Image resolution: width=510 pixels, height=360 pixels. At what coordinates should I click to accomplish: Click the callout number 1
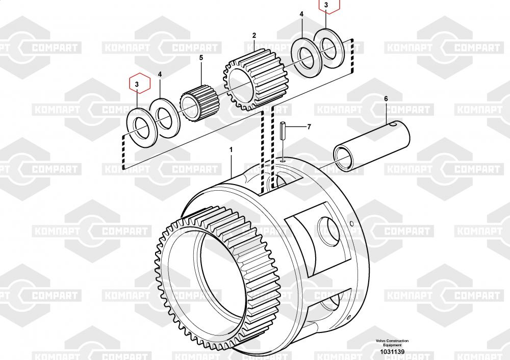pyautogui.click(x=231, y=150)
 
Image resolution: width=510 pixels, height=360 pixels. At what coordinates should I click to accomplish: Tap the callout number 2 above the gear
pyautogui.click(x=254, y=36)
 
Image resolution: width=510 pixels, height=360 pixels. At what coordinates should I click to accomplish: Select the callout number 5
pyautogui.click(x=201, y=58)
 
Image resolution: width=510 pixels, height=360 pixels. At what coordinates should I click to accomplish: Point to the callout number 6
pyautogui.click(x=386, y=99)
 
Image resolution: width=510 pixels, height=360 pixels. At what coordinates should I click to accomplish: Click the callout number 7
pyautogui.click(x=309, y=126)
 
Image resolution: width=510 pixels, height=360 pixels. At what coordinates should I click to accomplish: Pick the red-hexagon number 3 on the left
pyautogui.click(x=137, y=84)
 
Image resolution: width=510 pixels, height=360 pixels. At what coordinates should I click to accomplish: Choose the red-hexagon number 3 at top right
pyautogui.click(x=326, y=5)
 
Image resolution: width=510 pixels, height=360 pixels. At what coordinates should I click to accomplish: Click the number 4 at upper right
pyautogui.click(x=301, y=14)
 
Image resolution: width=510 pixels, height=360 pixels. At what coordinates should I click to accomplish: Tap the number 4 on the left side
pyautogui.click(x=160, y=74)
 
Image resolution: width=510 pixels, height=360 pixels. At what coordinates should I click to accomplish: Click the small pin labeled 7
pyautogui.click(x=283, y=131)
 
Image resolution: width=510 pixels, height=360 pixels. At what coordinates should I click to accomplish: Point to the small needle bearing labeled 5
pyautogui.click(x=200, y=104)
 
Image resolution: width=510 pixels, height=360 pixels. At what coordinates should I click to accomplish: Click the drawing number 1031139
pyautogui.click(x=392, y=351)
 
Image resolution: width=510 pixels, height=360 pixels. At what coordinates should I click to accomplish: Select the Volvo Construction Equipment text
pyautogui.click(x=392, y=343)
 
